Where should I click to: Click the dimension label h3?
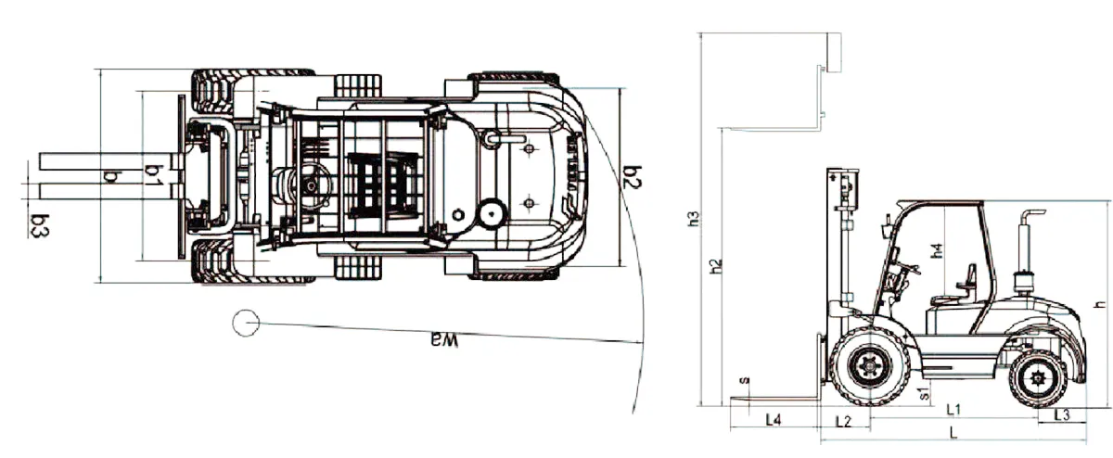pos(694,219)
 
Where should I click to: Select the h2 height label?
pos(715,267)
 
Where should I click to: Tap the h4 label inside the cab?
pos(937,251)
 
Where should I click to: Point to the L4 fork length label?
pos(774,420)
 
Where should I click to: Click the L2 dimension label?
pos(843,422)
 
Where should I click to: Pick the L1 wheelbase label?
pos(953,410)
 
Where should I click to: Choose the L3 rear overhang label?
pos(1062,414)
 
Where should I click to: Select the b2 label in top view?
pos(632,177)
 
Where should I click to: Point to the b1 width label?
pos(154,175)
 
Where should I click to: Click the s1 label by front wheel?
pos(924,393)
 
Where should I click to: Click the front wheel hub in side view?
pos(870,366)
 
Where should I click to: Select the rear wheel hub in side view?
pos(1039,379)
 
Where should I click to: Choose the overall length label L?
pos(953,433)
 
